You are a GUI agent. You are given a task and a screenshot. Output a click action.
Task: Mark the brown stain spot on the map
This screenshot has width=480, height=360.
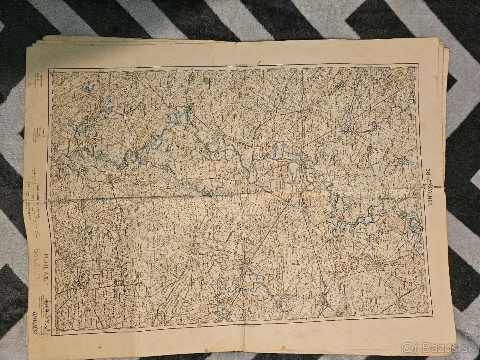(235, 116)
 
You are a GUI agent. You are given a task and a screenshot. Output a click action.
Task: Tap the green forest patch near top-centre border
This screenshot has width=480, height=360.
(206, 80)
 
